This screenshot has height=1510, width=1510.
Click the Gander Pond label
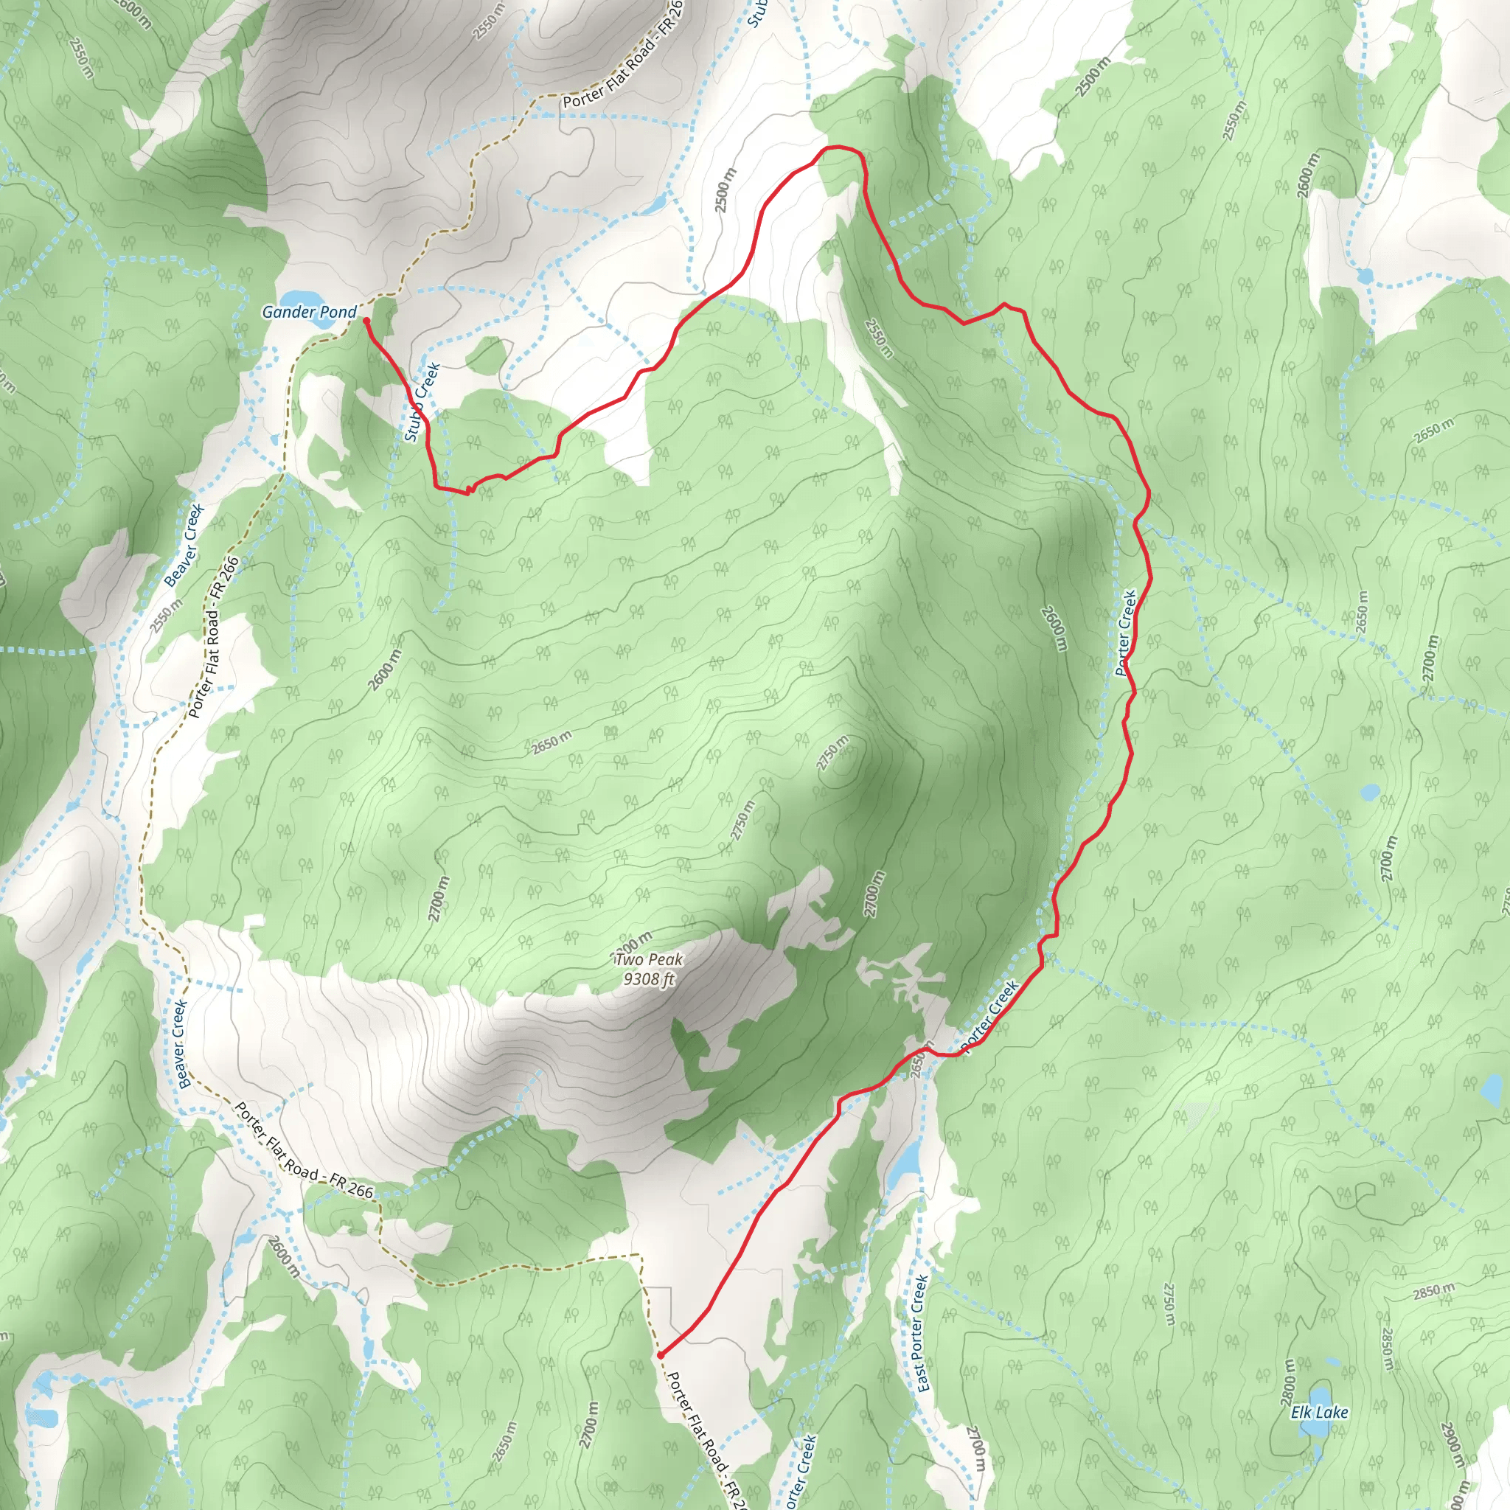[x=309, y=313]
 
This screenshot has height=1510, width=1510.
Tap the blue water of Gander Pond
[x=301, y=299]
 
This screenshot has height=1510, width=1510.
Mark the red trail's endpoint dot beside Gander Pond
[x=366, y=321]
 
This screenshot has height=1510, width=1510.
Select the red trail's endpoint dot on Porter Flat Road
[x=661, y=1354]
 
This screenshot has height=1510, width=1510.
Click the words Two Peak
[x=649, y=960]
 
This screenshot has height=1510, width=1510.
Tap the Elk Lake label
[x=1319, y=1412]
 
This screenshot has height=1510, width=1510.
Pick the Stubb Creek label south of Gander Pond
[x=422, y=403]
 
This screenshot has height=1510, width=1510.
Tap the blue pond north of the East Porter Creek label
[x=907, y=1163]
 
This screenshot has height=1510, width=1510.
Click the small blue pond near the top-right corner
[x=1365, y=275]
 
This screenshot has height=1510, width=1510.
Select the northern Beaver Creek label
[x=184, y=546]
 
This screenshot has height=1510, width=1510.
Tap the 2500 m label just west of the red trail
[x=723, y=190]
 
